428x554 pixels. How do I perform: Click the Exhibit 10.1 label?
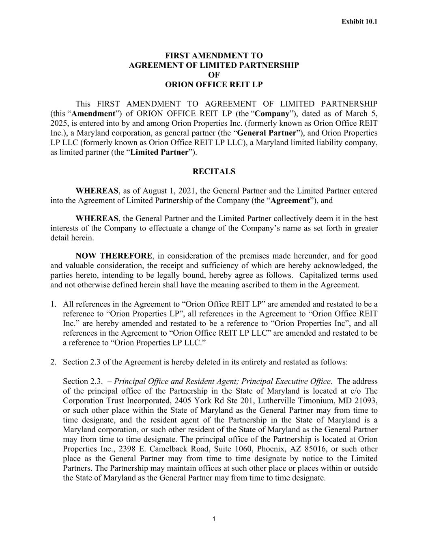(359, 21)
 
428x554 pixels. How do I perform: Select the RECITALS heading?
(214, 171)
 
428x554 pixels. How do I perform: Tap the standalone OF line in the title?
(214, 75)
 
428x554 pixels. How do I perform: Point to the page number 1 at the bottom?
(214, 519)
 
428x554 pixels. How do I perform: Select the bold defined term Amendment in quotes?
(95, 113)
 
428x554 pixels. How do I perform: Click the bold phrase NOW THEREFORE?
(114, 256)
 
